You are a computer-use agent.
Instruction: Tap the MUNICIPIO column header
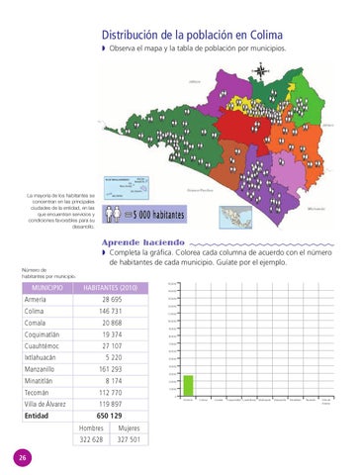tap(43, 288)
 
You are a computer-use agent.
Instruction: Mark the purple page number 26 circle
tap(22, 456)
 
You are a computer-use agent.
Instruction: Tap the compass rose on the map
tap(262, 70)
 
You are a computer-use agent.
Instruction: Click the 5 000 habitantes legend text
tap(156, 214)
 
